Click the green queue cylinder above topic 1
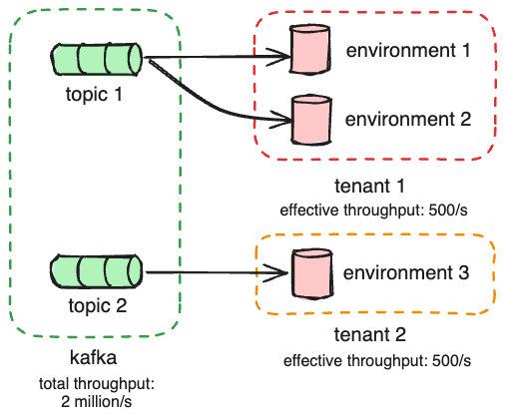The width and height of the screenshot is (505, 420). (97, 59)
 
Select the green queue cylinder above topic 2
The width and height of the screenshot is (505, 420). (97, 271)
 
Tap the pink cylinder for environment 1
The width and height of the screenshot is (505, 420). (310, 49)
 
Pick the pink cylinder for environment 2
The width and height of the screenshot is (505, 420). (311, 120)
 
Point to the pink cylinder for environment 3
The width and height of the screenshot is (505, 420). (312, 274)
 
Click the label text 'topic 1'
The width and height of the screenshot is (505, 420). (94, 94)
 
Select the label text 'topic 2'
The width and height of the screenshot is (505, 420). (98, 305)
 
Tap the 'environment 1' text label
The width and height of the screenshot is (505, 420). (408, 51)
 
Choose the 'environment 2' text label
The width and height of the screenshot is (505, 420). (408, 119)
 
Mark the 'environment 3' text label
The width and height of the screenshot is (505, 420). (406, 272)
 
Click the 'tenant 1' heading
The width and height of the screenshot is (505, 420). (369, 186)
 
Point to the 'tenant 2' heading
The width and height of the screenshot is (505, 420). (370, 334)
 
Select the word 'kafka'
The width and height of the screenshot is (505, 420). (94, 358)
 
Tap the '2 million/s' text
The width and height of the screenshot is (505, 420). (97, 402)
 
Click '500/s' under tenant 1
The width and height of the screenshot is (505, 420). (448, 210)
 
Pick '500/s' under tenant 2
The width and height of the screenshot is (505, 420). (451, 361)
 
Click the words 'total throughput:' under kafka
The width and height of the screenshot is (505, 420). (97, 384)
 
